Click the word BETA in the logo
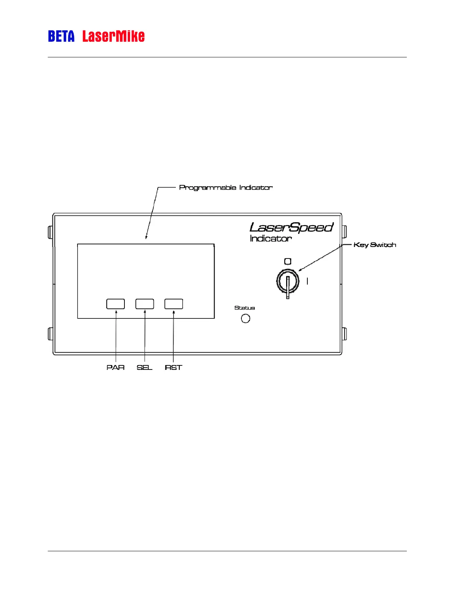click(x=61, y=37)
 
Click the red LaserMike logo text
click(x=113, y=37)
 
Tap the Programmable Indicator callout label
click(x=226, y=187)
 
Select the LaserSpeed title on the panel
click(x=291, y=227)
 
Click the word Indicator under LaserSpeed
click(x=270, y=238)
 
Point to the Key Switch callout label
click(x=374, y=245)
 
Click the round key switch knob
click(x=288, y=281)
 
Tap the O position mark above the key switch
click(x=288, y=261)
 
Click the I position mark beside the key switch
click(x=307, y=281)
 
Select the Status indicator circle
click(x=246, y=318)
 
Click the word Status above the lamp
click(x=245, y=308)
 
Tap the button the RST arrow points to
click(x=174, y=304)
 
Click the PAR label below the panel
click(x=115, y=368)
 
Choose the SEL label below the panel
click(x=145, y=368)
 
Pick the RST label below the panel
click(x=174, y=368)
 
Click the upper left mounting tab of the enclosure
click(x=50, y=232)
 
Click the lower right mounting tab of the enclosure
click(x=345, y=334)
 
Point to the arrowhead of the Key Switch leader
click(x=300, y=270)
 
